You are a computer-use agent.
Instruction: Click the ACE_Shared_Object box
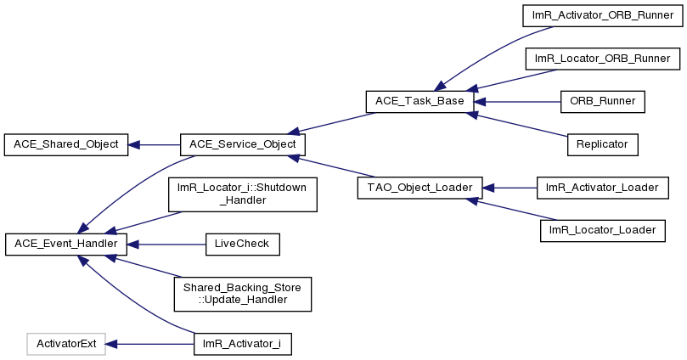click(x=66, y=144)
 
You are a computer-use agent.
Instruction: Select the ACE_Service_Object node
click(x=243, y=144)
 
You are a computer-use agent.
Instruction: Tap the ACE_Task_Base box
click(x=420, y=102)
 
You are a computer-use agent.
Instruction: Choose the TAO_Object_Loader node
click(x=420, y=188)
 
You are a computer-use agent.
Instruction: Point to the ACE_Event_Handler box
click(x=66, y=244)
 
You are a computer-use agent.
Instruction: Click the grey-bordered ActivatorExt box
click(x=66, y=344)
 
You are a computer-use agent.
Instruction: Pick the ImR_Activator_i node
click(x=243, y=344)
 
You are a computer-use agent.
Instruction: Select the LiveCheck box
click(x=243, y=244)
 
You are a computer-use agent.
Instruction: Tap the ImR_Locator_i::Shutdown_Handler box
click(x=243, y=194)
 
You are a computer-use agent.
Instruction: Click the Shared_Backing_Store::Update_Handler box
click(x=243, y=295)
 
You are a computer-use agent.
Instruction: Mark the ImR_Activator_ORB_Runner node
click(x=603, y=16)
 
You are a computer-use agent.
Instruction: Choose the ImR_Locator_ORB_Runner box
click(x=603, y=59)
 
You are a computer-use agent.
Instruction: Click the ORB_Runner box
click(x=603, y=102)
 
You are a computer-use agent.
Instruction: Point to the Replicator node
click(x=603, y=144)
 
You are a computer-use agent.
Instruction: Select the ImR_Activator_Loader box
click(x=603, y=188)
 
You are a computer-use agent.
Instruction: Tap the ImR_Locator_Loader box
click(x=603, y=231)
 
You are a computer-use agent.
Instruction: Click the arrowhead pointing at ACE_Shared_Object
click(x=133, y=144)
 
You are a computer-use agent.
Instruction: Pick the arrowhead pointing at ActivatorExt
click(x=111, y=344)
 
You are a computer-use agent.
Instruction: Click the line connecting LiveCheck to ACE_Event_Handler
click(x=166, y=244)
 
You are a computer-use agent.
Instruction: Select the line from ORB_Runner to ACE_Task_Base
click(x=517, y=102)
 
